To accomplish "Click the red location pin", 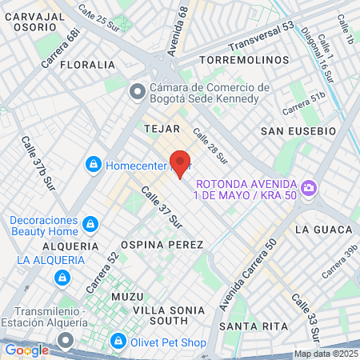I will pos(181,162).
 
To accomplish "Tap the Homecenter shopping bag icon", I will pos(94,165).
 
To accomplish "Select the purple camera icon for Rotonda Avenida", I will pos(309,189).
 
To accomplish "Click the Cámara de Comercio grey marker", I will pos(138,91).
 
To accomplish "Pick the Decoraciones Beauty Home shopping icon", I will pos(90,223).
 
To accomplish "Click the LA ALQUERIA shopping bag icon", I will pos(61,277).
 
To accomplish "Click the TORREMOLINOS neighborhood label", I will pos(244,60).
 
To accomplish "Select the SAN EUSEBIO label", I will pos(296,130).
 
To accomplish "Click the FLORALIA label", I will pos(87,64).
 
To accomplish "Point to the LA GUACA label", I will pos(323,229).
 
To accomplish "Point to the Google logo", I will pos(26,350).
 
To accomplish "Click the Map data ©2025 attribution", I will pos(326,354).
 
